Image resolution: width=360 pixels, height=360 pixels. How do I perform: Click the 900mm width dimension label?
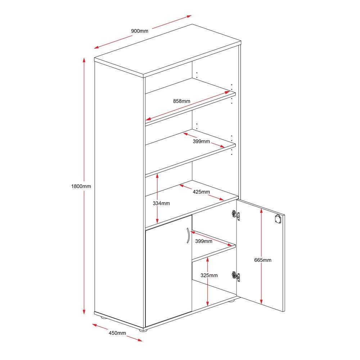pyautogui.click(x=140, y=31)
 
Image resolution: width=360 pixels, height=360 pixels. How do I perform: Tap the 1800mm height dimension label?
pyautogui.click(x=81, y=186)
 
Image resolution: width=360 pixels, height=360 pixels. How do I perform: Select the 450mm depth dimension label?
pyautogui.click(x=117, y=333)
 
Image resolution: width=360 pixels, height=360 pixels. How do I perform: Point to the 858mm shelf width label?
pyautogui.click(x=181, y=101)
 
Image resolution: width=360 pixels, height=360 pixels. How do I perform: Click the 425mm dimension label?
pyautogui.click(x=201, y=192)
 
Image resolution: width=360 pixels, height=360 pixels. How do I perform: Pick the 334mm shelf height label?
pyautogui.click(x=161, y=203)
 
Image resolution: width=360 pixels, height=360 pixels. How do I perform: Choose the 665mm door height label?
pyautogui.click(x=263, y=260)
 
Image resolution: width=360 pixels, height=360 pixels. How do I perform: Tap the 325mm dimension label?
pyautogui.click(x=209, y=275)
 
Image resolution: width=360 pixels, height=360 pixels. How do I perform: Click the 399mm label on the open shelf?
pyautogui.click(x=201, y=141)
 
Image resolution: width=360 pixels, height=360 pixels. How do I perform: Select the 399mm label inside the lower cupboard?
pyautogui.click(x=204, y=241)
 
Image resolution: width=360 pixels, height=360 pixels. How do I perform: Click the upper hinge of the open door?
pyautogui.click(x=235, y=215)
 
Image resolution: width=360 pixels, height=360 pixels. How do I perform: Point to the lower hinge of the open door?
pyautogui.click(x=235, y=276)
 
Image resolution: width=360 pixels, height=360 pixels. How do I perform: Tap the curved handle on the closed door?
pyautogui.click(x=188, y=235)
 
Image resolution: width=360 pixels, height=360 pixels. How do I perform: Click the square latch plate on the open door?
pyautogui.click(x=278, y=219)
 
